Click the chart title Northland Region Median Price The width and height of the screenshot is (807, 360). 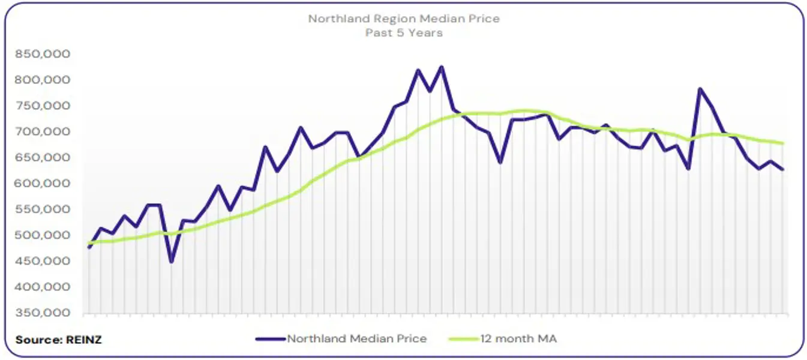403,19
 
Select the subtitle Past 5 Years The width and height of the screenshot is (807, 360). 403,32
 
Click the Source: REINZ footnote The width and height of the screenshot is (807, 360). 58,340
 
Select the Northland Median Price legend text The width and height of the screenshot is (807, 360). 356,338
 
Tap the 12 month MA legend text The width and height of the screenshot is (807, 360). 518,338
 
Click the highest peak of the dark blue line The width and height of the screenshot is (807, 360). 442,67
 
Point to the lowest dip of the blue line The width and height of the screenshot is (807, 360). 172,262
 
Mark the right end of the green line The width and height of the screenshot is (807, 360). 782,143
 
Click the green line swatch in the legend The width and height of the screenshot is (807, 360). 463,338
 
